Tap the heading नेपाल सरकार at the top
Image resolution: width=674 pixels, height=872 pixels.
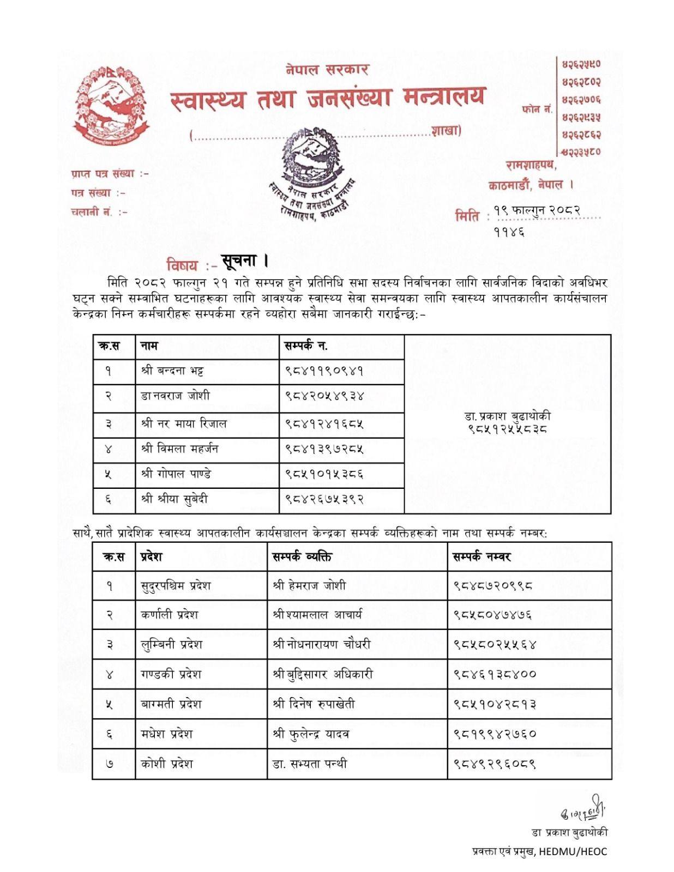pos(327,69)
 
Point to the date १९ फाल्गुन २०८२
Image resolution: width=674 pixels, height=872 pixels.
pos(536,210)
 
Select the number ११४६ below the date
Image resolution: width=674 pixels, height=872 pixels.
pos(509,232)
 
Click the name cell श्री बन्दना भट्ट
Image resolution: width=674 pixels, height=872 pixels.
pos(172,371)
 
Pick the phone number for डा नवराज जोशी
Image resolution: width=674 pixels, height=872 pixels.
pos(324,396)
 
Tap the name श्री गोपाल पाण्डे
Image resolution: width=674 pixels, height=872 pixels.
pos(176,474)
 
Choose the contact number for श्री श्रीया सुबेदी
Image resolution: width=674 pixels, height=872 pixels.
pos(324,499)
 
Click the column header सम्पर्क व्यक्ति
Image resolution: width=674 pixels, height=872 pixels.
pos(302,556)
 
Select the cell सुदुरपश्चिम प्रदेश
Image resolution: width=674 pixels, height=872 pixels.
pos(176,586)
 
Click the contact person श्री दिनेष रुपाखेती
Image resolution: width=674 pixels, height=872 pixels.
pos(314,704)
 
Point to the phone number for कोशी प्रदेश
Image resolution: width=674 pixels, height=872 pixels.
pos(495,764)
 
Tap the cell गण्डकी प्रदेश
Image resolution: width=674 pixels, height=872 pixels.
pos(171,674)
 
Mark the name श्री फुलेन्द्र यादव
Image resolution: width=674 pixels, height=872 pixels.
pos(311,734)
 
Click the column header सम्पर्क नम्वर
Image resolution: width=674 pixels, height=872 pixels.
pos(482,556)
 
